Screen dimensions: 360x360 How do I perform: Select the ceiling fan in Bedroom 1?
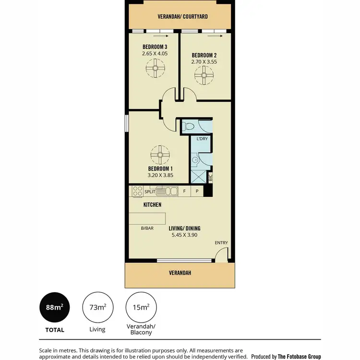(160, 154)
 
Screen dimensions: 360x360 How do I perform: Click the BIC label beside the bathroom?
(210, 178)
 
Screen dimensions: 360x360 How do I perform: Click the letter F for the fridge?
(184, 191)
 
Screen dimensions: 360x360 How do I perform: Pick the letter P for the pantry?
(197, 191)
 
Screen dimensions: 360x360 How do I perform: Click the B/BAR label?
(147, 228)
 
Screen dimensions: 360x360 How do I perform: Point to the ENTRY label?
(221, 243)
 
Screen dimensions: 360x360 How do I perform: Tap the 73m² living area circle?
(95, 307)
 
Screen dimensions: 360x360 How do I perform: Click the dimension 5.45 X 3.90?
(184, 235)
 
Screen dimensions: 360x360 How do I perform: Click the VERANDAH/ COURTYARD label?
(182, 16)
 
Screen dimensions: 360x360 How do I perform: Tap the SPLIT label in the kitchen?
(150, 192)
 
